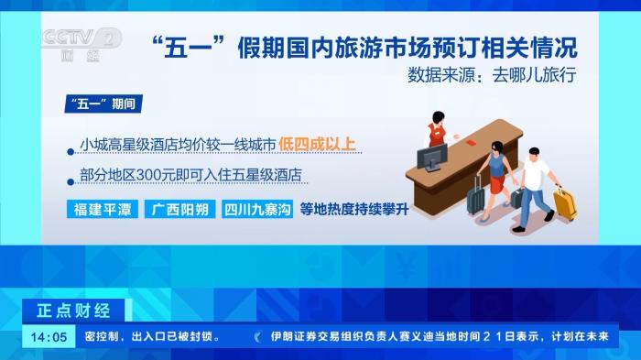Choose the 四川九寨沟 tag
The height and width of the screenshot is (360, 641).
pyautogui.click(x=256, y=209)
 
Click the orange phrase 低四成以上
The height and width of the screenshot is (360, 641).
pyautogui.click(x=318, y=144)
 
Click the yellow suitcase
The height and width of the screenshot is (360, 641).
pyautogui.click(x=565, y=203)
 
